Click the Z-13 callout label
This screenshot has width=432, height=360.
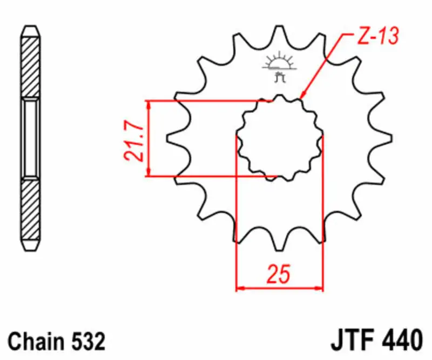coord(377,37)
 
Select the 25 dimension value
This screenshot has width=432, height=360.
coord(279,274)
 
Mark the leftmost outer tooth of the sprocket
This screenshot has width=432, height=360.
coord(174,138)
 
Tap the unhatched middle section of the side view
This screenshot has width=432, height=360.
coord(30,138)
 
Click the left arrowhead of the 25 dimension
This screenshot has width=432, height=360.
coord(240,288)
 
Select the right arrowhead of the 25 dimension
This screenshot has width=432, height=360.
coord(319,288)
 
